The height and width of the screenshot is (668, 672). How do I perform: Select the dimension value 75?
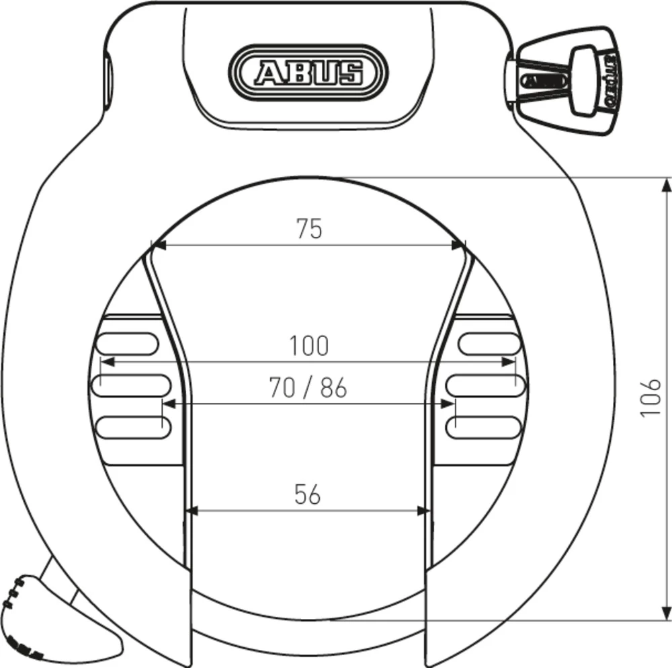click(x=310, y=229)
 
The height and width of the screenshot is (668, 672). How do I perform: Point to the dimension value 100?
click(x=309, y=346)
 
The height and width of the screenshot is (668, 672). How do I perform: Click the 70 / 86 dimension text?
click(x=308, y=388)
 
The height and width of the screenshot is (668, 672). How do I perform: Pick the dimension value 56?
click(x=308, y=494)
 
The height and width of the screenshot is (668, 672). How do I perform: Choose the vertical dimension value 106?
click(x=650, y=397)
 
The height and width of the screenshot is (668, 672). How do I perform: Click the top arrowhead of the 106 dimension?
click(x=665, y=184)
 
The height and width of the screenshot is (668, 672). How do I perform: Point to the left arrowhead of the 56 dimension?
click(x=192, y=511)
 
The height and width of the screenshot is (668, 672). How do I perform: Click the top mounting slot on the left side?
click(x=128, y=344)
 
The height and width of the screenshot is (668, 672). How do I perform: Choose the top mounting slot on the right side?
click(x=490, y=344)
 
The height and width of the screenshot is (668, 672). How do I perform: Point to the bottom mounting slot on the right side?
click(x=486, y=426)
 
